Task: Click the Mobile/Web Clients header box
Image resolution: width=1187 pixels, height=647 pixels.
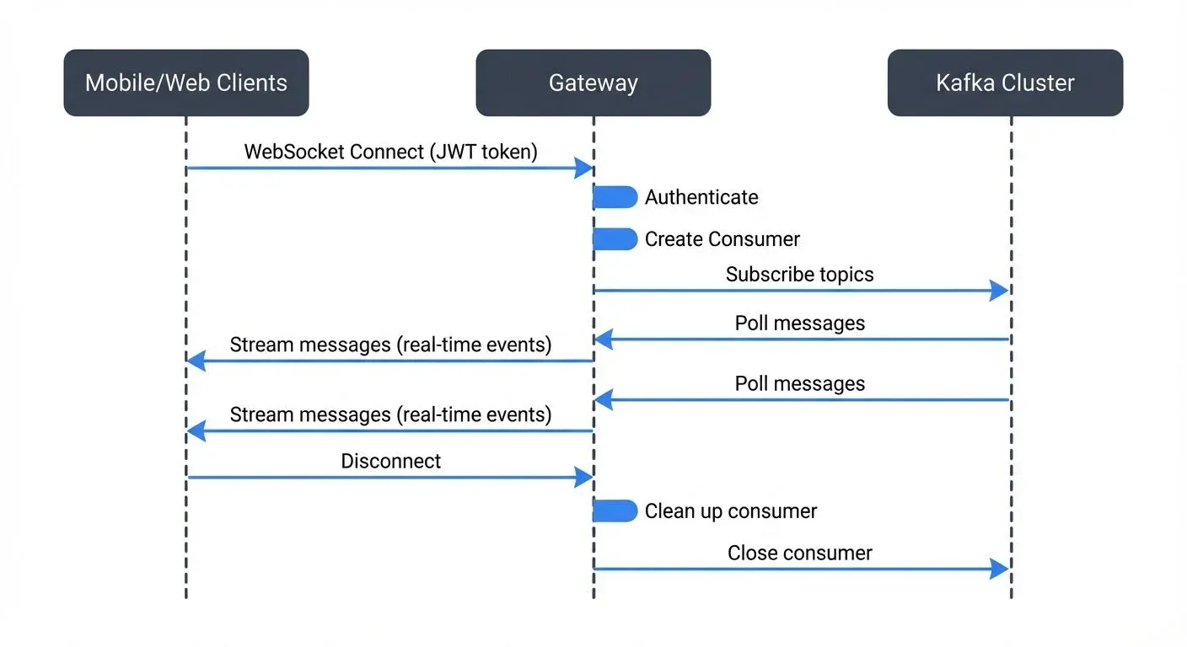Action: coord(186,83)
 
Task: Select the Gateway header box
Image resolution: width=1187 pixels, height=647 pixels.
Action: coord(593,83)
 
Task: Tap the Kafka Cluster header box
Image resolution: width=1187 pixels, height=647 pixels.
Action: coord(1005,83)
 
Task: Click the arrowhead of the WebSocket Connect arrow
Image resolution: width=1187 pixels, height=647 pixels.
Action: coord(584,168)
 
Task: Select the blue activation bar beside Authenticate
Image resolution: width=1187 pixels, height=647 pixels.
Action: coord(615,197)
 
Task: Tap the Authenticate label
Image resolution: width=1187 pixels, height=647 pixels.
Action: coord(701,197)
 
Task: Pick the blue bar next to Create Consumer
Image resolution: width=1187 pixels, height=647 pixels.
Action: coord(615,239)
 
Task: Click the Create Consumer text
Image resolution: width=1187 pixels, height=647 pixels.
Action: coord(722,239)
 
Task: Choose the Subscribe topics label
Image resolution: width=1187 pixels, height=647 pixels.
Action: coord(799,275)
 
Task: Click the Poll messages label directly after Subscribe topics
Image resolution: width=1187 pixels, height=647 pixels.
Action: coord(799,323)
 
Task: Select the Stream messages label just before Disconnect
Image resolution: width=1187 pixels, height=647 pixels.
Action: coord(390,414)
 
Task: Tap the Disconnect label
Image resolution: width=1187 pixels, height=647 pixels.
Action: coord(390,462)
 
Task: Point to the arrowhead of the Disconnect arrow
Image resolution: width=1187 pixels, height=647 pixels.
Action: coord(584,478)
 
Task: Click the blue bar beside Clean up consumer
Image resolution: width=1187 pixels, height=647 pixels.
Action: coord(615,511)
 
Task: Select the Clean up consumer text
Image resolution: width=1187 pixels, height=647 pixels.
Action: coord(731,511)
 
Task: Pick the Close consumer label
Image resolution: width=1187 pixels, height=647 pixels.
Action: coord(799,553)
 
